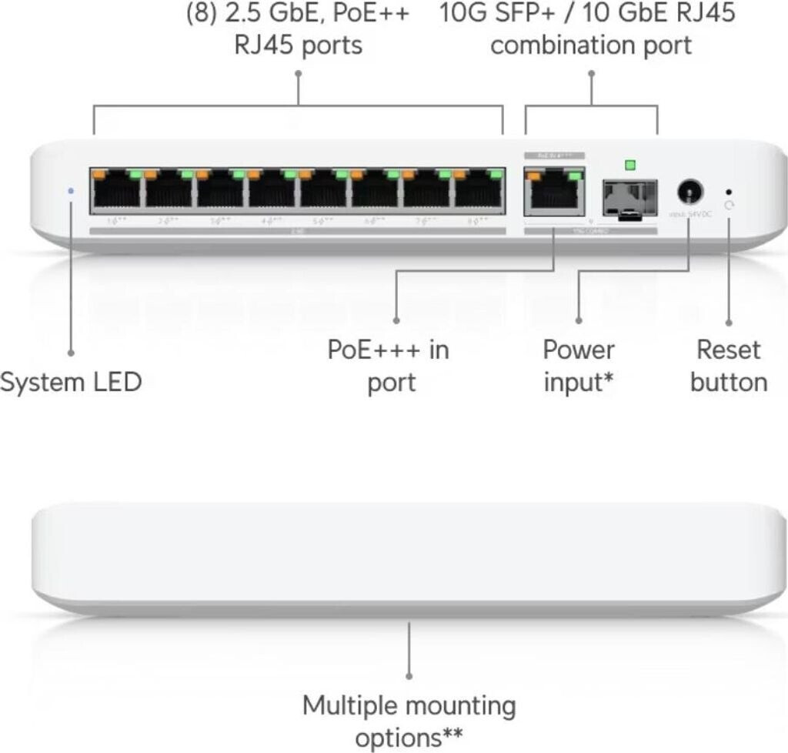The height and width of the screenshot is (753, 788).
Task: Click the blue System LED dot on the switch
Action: point(72,189)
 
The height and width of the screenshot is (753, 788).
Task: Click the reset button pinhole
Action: point(729,191)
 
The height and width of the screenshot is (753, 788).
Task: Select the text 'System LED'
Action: point(71,382)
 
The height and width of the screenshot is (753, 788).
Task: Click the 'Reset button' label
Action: point(728,366)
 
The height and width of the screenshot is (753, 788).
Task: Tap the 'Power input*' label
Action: point(579,366)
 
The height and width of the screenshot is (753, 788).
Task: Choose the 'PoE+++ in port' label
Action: point(389,366)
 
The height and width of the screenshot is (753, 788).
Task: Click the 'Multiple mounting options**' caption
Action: point(409,721)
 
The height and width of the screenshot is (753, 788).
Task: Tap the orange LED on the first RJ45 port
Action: point(98,175)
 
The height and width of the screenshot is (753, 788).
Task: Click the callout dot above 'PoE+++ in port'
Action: point(396,319)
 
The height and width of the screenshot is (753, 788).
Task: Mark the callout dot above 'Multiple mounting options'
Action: point(409,674)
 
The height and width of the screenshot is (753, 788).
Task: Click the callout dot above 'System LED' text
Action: point(71,353)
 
